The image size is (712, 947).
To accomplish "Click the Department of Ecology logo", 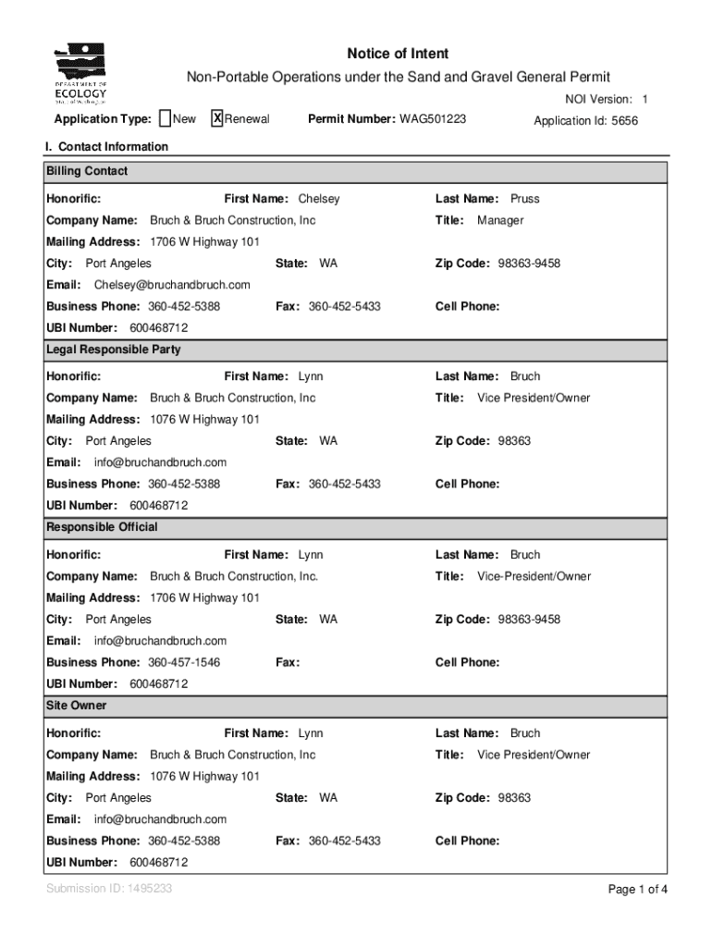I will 81,74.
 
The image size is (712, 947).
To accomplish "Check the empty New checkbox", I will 165,118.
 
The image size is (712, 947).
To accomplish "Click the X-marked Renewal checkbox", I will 217,118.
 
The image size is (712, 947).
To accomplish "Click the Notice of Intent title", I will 398,54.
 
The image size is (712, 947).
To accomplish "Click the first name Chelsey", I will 319,199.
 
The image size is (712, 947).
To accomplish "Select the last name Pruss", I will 525,199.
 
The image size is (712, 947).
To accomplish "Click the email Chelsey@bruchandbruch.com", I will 172,285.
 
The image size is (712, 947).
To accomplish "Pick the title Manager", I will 500,220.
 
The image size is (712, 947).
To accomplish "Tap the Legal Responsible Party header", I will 114,350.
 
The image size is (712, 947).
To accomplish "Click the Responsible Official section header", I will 103,527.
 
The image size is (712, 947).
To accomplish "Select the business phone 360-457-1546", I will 184,662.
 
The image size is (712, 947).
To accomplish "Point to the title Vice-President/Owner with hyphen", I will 534,576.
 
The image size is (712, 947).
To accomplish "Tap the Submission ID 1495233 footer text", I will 109,889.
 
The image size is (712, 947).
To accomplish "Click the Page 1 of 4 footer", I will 637,890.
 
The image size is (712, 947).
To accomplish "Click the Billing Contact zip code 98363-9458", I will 529,264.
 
